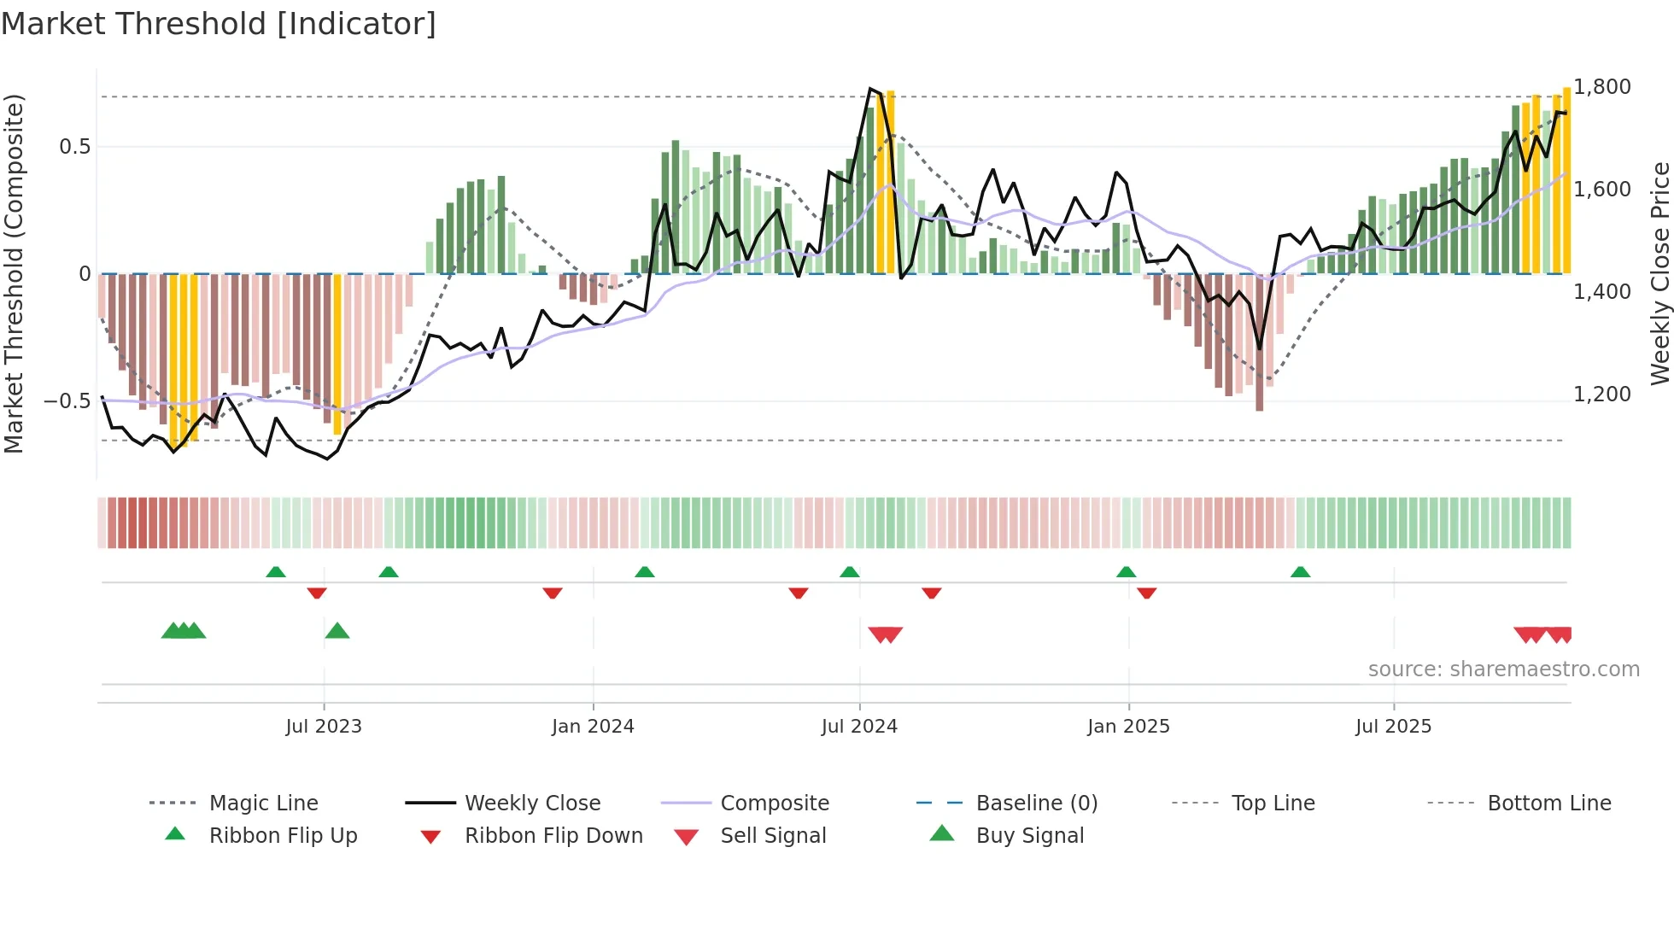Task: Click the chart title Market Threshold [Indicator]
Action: [219, 24]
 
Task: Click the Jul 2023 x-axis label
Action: [324, 726]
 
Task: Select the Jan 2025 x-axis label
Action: [1128, 726]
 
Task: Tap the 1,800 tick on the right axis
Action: [1602, 87]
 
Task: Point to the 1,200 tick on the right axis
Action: [1602, 394]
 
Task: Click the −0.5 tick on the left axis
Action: [67, 401]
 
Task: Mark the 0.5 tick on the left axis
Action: [74, 147]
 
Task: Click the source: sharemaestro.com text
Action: [1503, 669]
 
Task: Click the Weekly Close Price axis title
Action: [1659, 273]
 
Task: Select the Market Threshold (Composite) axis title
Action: [14, 273]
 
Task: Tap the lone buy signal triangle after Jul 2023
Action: [337, 631]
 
